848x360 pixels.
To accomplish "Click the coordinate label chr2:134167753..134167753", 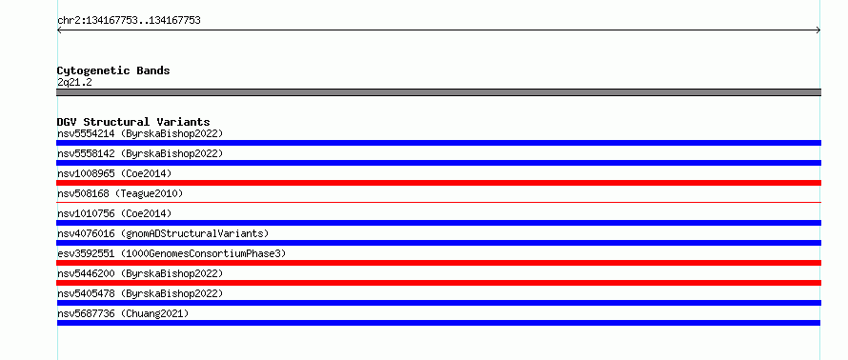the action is pyautogui.click(x=129, y=21).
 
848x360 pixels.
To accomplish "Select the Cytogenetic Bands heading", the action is pyautogui.click(x=113, y=70).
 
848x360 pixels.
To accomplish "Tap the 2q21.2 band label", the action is pyautogui.click(x=74, y=82).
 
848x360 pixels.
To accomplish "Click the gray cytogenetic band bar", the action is pyautogui.click(x=438, y=92).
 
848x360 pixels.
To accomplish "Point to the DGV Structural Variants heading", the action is pyautogui.click(x=133, y=122).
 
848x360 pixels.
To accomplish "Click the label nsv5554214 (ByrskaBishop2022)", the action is pyautogui.click(x=140, y=133).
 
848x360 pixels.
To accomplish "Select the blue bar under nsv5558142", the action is pyautogui.click(x=438, y=163).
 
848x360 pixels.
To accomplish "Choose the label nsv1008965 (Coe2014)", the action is pyautogui.click(x=114, y=173).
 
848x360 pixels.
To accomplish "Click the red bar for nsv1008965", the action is pyautogui.click(x=438, y=183).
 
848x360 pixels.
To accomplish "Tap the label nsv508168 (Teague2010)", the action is pyautogui.click(x=120, y=193).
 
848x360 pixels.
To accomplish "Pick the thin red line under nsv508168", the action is pyautogui.click(x=438, y=202).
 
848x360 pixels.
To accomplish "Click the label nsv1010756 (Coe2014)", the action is pyautogui.click(x=114, y=213).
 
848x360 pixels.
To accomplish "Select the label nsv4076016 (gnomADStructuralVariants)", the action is pyautogui.click(x=163, y=233).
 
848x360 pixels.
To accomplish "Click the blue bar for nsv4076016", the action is pyautogui.click(x=438, y=243).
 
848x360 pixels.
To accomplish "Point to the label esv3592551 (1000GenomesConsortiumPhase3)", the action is pyautogui.click(x=172, y=253).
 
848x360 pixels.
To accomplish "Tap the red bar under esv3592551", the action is pyautogui.click(x=438, y=263).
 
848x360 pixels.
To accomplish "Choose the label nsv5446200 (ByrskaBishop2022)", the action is pyautogui.click(x=140, y=273).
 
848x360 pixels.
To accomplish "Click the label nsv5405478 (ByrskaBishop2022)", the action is pyautogui.click(x=140, y=293).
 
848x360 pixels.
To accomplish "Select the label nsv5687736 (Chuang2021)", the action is pyautogui.click(x=123, y=313).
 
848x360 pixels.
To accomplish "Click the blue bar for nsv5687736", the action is pyautogui.click(x=438, y=323).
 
